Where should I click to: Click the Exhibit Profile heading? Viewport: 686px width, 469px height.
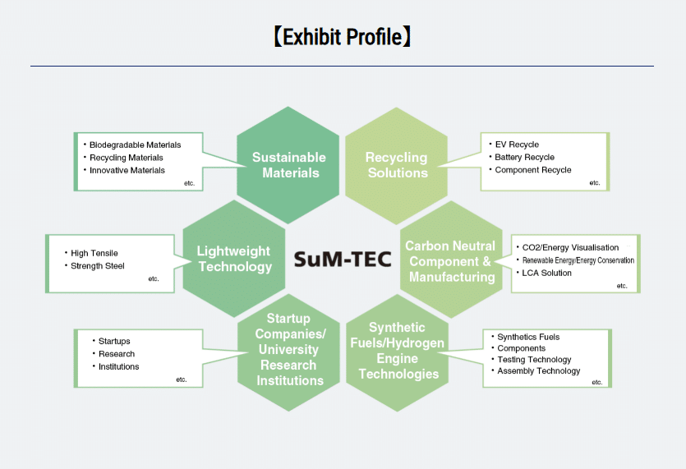point(342,37)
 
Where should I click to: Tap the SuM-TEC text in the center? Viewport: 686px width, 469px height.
point(343,259)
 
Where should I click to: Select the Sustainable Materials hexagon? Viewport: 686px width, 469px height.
point(288,165)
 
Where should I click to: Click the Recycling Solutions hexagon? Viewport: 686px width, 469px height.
point(396,165)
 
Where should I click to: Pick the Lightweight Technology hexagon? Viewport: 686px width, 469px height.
point(234,259)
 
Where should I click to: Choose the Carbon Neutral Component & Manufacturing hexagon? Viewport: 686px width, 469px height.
point(451,260)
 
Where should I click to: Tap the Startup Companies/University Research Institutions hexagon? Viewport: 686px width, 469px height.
point(288,352)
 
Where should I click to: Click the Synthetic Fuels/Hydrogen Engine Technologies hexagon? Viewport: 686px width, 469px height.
point(398,352)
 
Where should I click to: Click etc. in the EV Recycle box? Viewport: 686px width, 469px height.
point(595,183)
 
